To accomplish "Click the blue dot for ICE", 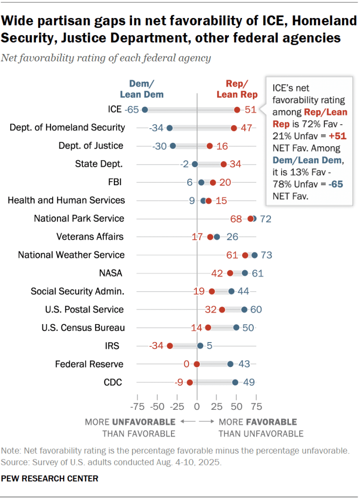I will click(x=145, y=110).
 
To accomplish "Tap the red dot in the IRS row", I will click(x=170, y=346).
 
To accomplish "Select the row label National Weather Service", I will click(x=71, y=255).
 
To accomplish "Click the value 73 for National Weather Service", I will click(x=266, y=255).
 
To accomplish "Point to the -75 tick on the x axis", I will click(x=138, y=406).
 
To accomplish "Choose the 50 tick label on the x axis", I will click(x=236, y=406).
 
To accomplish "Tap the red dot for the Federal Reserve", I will click(x=197, y=364).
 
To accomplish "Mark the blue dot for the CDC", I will click(x=235, y=383).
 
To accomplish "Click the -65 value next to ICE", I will click(x=132, y=110).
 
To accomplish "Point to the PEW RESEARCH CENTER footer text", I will click(x=50, y=479).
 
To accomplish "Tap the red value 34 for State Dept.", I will click(x=235, y=164).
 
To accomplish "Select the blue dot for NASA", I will click(x=245, y=273).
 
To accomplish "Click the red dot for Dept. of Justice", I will click(x=209, y=146).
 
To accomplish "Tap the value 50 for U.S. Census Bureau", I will click(x=248, y=327).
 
